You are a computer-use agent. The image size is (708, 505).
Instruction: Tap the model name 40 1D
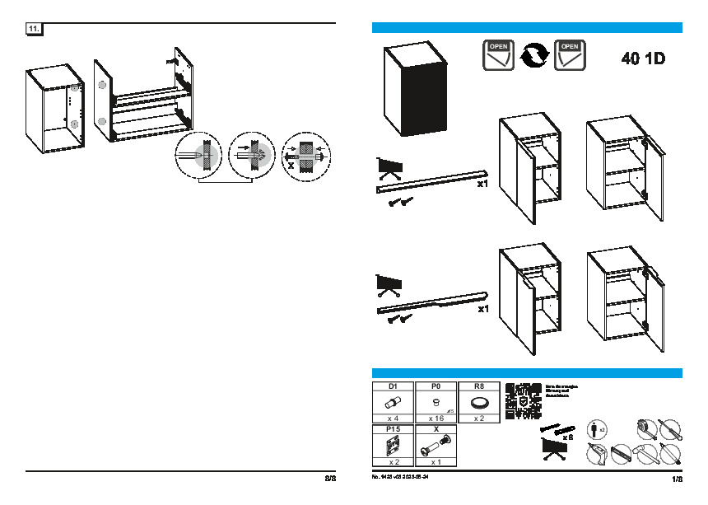pyautogui.click(x=643, y=59)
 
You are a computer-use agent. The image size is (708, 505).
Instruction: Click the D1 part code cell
pyautogui.click(x=394, y=386)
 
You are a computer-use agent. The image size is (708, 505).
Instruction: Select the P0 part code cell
pyautogui.click(x=436, y=386)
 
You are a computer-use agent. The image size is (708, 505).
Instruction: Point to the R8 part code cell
pyautogui.click(x=478, y=386)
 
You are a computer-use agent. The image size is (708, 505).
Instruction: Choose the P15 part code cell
pyautogui.click(x=394, y=429)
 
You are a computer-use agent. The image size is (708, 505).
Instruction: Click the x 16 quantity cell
pyautogui.click(x=436, y=418)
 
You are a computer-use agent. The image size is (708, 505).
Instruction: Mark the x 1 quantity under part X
pyautogui.click(x=436, y=462)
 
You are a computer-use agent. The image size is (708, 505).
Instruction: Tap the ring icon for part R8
pyautogui.click(x=478, y=403)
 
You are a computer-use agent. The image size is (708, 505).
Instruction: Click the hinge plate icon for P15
pyautogui.click(x=394, y=446)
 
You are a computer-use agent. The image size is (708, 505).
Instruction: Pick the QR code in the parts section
pyautogui.click(x=522, y=401)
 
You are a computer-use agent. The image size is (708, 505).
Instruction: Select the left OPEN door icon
pyautogui.click(x=499, y=54)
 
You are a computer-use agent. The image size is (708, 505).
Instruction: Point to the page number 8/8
pyautogui.click(x=329, y=478)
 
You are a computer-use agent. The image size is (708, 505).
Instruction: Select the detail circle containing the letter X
pyautogui.click(x=305, y=155)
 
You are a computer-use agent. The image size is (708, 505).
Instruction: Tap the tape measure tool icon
pyautogui.click(x=645, y=428)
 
